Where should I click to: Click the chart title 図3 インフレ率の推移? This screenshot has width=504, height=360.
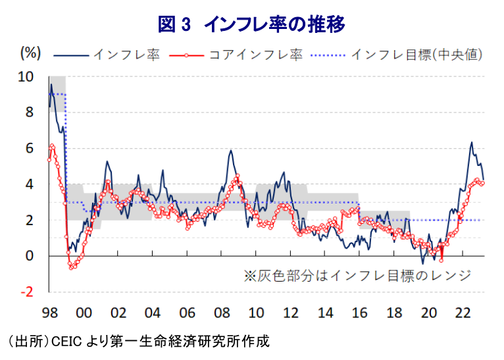tap(252, 24)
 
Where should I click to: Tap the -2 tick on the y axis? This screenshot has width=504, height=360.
tap(26, 292)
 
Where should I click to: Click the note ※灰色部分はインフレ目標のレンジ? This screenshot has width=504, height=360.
tap(357, 274)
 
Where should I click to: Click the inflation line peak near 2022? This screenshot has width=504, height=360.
tap(471, 142)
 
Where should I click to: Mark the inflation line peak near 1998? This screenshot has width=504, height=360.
tap(51, 84)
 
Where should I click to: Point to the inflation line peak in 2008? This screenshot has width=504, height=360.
tap(231, 151)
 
